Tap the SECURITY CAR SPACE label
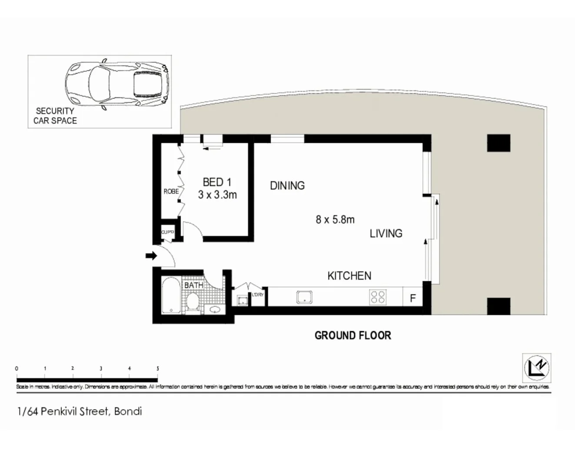click(55, 116)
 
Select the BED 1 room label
click(217, 182)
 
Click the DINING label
click(287, 186)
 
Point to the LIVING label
click(386, 234)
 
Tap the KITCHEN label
click(349, 276)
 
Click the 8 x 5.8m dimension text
click(335, 220)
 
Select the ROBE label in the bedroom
click(171, 191)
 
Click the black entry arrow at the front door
click(151, 256)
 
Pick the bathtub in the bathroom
click(171, 296)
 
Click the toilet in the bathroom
click(193, 301)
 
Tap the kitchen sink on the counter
click(304, 297)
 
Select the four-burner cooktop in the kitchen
click(377, 297)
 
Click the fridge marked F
click(413, 298)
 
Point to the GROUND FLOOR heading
click(352, 336)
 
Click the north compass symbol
click(536, 367)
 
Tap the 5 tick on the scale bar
click(158, 369)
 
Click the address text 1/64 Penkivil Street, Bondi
click(80, 411)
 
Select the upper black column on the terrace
click(498, 143)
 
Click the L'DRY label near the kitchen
click(258, 295)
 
